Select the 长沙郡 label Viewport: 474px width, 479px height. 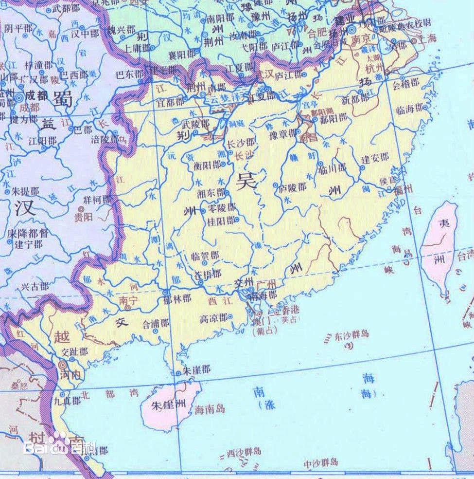[241, 143]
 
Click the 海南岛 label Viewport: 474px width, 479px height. [210, 409]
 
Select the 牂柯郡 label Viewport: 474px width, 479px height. [97, 200]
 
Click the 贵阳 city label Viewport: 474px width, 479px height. [82, 216]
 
